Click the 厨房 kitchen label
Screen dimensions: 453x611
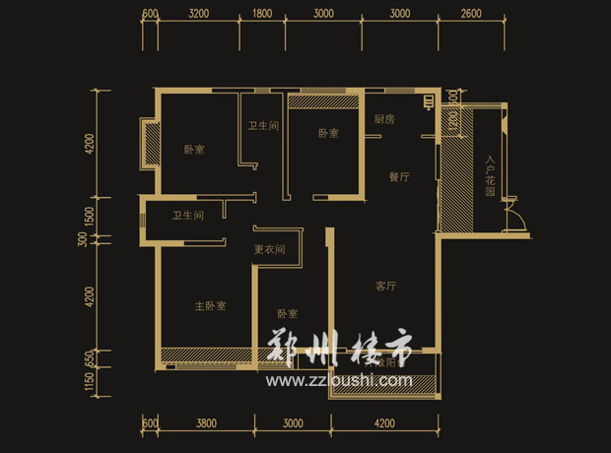(x=384, y=119)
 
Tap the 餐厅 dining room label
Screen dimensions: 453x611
(x=399, y=177)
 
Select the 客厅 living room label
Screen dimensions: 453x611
(x=385, y=287)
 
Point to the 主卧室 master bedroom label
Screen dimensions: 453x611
(x=210, y=306)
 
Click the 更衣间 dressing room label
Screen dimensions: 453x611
(x=269, y=249)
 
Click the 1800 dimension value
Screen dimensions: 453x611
(x=262, y=14)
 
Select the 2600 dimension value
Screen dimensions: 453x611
(x=470, y=14)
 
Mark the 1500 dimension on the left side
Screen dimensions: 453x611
(x=90, y=215)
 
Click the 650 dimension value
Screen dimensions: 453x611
(x=90, y=359)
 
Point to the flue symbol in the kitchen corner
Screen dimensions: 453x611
(x=429, y=100)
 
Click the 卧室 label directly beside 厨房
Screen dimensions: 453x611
(x=328, y=133)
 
